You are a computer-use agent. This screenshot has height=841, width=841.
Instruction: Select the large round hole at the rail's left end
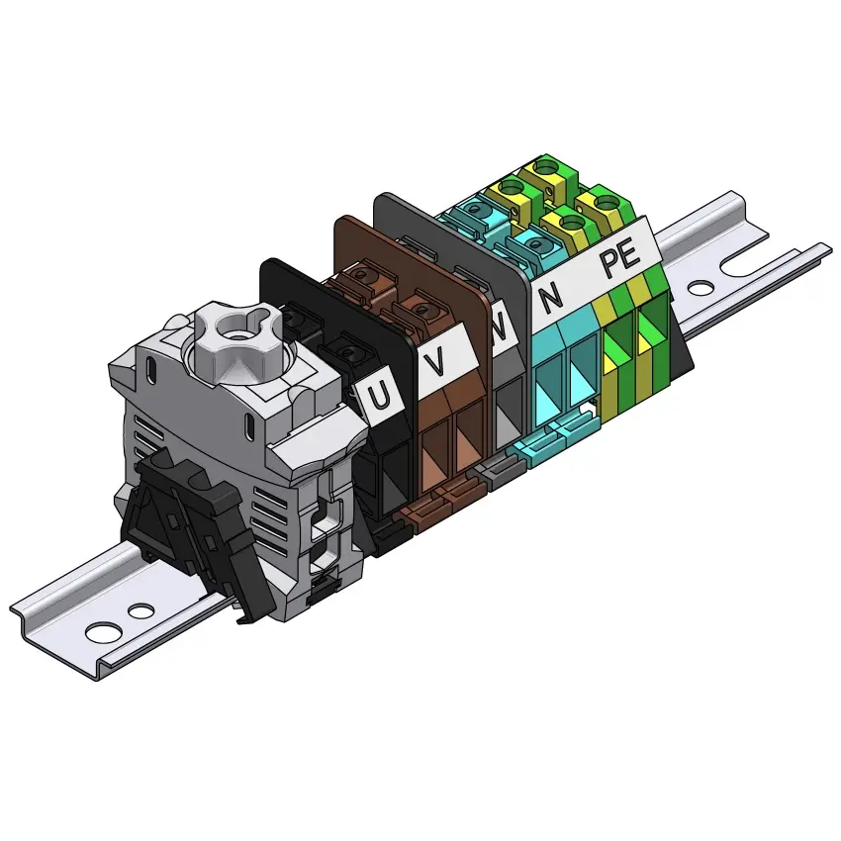click(103, 632)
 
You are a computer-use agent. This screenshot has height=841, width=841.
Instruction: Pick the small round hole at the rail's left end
click(141, 610)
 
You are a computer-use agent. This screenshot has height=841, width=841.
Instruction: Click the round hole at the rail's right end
click(701, 289)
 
